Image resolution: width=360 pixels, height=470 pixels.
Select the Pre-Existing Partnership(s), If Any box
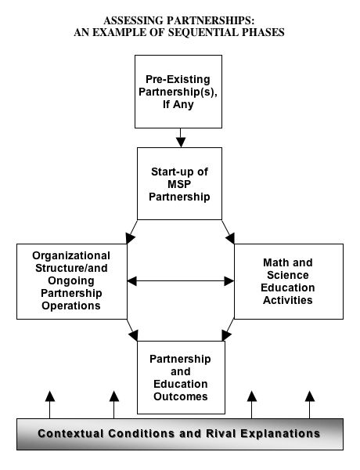point(178,92)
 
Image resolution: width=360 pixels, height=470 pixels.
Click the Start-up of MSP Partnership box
point(180,184)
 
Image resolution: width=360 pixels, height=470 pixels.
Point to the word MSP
point(179,184)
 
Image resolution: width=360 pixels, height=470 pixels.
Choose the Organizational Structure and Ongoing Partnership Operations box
point(72,281)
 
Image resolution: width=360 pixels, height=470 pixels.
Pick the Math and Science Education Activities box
point(289,281)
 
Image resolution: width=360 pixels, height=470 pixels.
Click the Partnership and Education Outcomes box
point(181,378)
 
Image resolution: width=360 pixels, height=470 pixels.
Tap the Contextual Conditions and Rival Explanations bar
point(180,434)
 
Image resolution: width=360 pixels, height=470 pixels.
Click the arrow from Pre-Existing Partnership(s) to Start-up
point(181,138)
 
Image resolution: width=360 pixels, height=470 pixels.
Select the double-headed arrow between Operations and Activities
point(181,281)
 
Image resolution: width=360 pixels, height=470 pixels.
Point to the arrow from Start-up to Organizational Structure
point(131,232)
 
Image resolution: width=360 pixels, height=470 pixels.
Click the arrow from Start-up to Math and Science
point(229,232)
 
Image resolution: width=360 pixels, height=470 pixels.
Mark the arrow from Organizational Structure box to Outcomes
point(132,330)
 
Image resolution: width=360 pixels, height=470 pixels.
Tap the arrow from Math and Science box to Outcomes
point(229,330)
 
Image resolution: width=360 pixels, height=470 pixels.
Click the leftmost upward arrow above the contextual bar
point(50,405)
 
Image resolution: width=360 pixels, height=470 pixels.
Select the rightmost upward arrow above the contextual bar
point(310,405)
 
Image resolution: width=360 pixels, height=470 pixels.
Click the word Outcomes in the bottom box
point(181,396)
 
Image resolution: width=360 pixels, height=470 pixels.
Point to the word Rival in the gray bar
point(221,434)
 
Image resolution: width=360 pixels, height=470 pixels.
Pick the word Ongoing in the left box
point(71,281)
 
